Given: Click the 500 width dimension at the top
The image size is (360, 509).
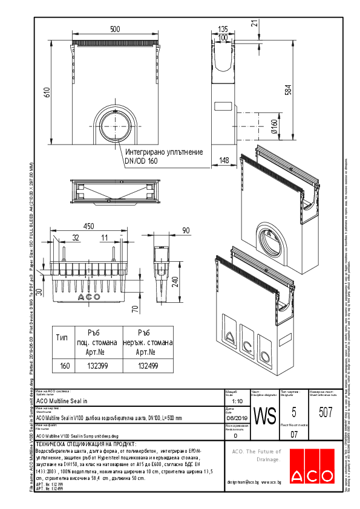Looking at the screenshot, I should point(114,29).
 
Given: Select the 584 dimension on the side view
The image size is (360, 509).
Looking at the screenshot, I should point(289,89).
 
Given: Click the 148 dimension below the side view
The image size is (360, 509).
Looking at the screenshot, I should point(224,160).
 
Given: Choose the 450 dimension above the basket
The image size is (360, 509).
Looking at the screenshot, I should point(89,226).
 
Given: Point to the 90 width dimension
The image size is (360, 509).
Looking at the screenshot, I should point(185,230).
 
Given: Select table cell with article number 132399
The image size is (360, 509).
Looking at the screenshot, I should point(98,366).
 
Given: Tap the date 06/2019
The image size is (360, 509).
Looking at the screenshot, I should point(237,417).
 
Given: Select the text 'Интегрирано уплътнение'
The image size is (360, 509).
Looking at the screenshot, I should point(163,152).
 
